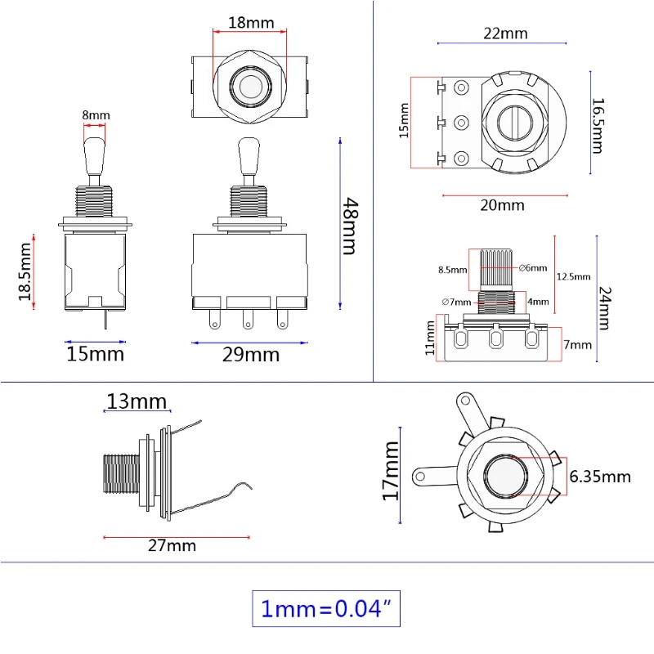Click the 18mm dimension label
click(x=250, y=22)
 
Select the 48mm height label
click(x=349, y=226)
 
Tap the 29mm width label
click(x=252, y=355)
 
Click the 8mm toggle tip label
click(x=95, y=115)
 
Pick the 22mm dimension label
click(x=505, y=34)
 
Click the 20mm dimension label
click(x=501, y=205)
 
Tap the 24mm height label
click(x=604, y=307)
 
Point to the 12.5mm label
click(x=572, y=276)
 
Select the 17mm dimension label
click(x=390, y=471)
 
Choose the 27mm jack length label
click(x=172, y=545)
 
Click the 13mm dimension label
click(x=137, y=401)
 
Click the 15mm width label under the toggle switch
click(x=95, y=354)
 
